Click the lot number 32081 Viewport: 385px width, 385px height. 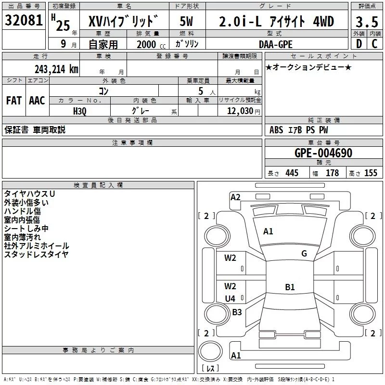click(x=23, y=22)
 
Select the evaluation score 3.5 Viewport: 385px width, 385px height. click(x=366, y=22)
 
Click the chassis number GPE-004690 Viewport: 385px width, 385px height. click(x=323, y=154)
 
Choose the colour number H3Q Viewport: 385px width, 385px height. click(x=80, y=111)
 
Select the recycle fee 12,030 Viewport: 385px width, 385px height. click(x=240, y=111)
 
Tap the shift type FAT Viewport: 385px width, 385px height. click(x=13, y=101)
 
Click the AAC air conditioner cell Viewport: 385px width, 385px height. click(x=37, y=101)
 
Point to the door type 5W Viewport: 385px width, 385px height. click(x=187, y=22)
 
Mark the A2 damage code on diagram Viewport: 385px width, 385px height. click(x=235, y=197)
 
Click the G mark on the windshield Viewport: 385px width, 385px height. click(x=304, y=253)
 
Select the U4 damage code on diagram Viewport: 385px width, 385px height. click(x=230, y=299)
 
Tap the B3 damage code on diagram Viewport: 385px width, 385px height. click(x=237, y=312)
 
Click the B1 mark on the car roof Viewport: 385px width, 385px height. click(x=289, y=287)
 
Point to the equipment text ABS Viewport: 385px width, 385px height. click(x=276, y=130)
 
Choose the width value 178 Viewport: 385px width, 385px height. click(x=332, y=173)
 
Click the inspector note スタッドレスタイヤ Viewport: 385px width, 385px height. click(x=36, y=254)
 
